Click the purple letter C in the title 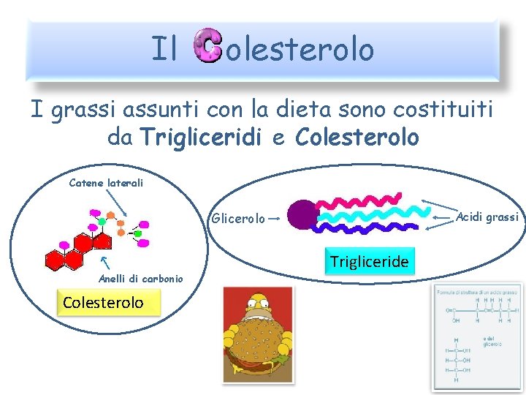coord(208,48)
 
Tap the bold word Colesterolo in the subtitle coord(357,137)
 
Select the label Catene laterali coord(106,183)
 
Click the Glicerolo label coord(238,218)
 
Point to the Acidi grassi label coord(487,217)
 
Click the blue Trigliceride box coord(370,261)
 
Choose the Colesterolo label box coord(103,302)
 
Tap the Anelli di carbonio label coord(141,278)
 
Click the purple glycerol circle coord(300,215)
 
